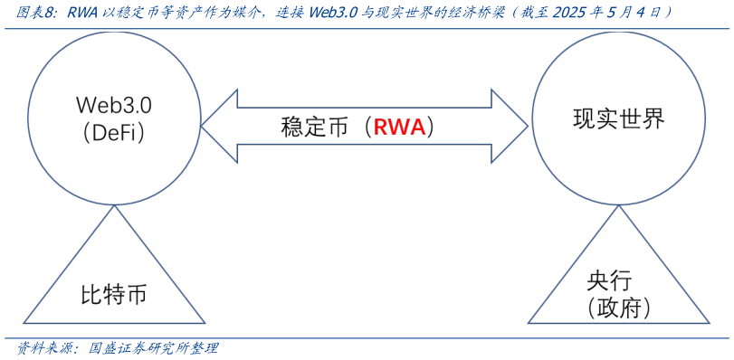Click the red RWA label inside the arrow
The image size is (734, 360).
click(x=399, y=128)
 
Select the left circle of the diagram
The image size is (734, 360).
click(x=114, y=118)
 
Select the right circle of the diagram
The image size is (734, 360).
click(x=618, y=118)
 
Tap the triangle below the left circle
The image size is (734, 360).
click(x=114, y=280)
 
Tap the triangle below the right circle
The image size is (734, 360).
click(x=618, y=280)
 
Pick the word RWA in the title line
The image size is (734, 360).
click(x=83, y=13)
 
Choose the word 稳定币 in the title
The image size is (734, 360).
click(x=141, y=13)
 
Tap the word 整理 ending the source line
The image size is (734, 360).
click(x=204, y=348)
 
